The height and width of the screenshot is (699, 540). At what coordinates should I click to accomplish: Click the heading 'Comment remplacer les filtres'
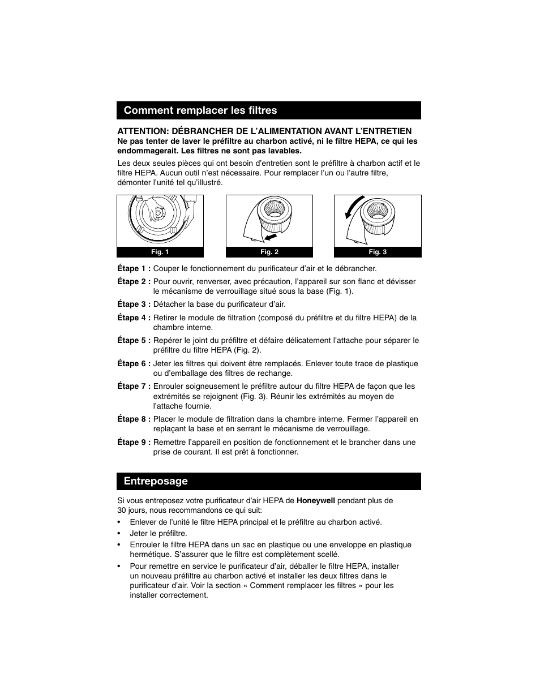coord(200,110)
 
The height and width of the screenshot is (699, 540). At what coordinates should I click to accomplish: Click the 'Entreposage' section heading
coord(156,481)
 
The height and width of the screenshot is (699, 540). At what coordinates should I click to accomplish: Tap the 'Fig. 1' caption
coord(160,252)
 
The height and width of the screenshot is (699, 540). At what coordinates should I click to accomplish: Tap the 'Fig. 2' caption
coord(269,252)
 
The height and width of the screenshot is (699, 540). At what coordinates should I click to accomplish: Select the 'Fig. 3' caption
coord(378,252)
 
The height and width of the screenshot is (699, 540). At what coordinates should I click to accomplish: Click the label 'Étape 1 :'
coord(134,269)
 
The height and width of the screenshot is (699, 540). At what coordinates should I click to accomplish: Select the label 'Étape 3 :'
coord(134,305)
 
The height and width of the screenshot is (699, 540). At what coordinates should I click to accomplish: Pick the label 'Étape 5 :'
coord(134,341)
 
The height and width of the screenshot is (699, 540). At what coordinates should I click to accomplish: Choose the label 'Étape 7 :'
coord(134,387)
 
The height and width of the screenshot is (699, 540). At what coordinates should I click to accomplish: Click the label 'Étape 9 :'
coord(134,443)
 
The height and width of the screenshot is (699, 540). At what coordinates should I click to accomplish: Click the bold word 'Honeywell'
coord(316,501)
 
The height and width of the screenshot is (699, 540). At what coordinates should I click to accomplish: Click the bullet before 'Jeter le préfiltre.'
coord(119,534)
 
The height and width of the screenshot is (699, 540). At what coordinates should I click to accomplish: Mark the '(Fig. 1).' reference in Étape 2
coord(339,291)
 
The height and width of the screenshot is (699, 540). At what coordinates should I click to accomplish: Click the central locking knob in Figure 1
coord(158,213)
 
